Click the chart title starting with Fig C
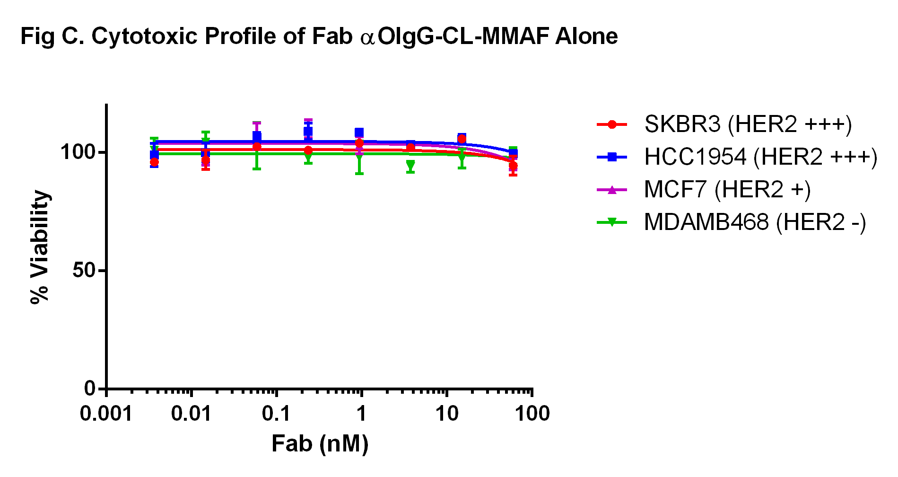(319, 36)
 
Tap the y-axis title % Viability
(40, 247)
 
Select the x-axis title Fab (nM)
(320, 444)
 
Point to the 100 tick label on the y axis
(78, 152)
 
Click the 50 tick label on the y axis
(84, 271)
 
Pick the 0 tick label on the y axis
(90, 389)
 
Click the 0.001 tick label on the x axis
(106, 414)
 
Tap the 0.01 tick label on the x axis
(191, 414)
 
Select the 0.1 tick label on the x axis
(276, 414)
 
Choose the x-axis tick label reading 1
(361, 414)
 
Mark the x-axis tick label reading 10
(447, 414)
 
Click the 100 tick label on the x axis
(532, 414)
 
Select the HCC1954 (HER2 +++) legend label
(760, 157)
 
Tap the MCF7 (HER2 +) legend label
(727, 190)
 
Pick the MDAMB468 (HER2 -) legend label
(755, 222)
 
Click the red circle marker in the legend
(612, 124)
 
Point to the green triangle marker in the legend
(612, 222)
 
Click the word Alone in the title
(586, 36)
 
